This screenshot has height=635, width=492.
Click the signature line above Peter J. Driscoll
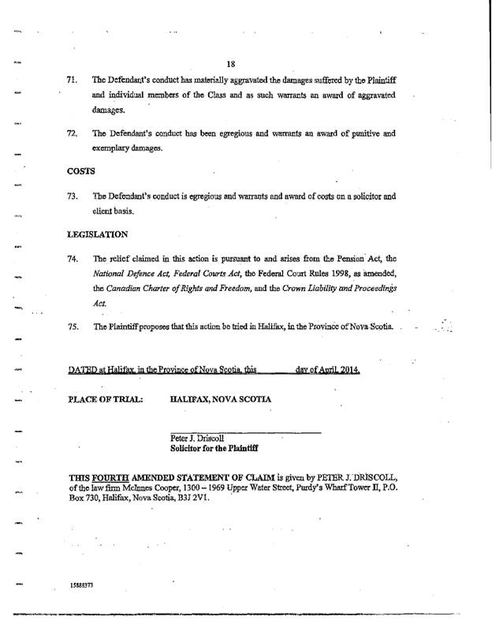coord(246,432)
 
